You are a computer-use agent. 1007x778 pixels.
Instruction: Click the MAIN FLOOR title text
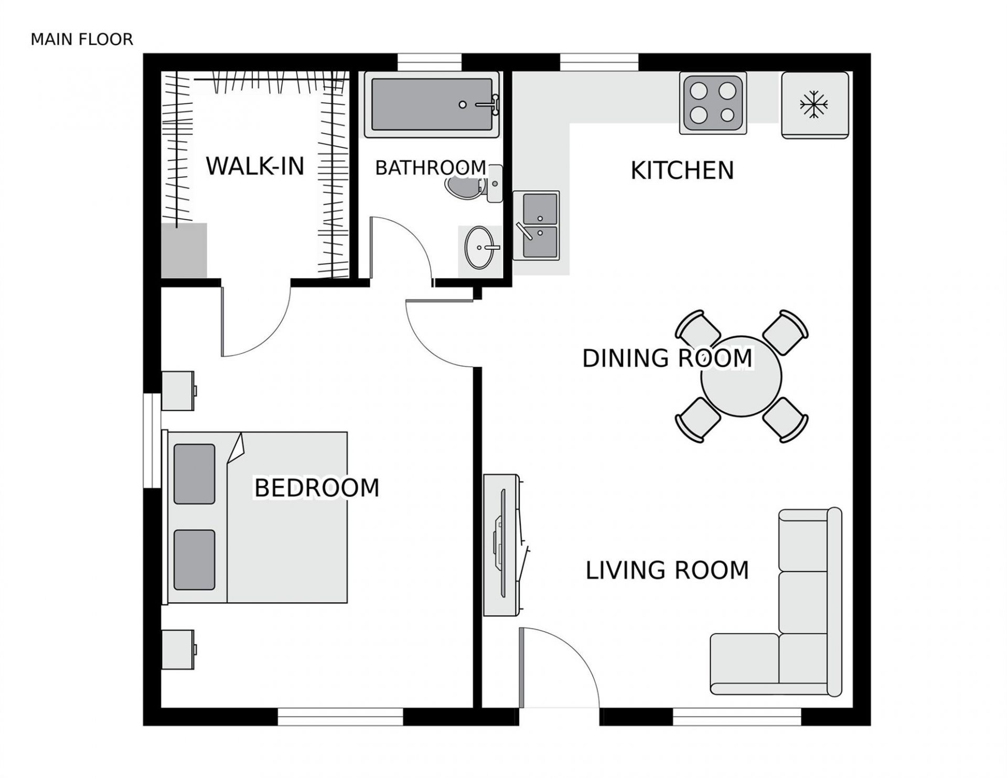click(x=82, y=39)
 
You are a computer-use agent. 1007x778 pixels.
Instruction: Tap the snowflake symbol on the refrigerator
click(x=813, y=104)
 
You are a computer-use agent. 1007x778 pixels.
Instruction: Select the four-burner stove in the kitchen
click(x=713, y=103)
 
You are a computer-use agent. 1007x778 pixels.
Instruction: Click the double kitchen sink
click(x=536, y=226)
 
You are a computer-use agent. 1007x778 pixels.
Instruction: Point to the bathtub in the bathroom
click(x=432, y=104)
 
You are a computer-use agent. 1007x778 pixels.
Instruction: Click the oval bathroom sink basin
click(x=479, y=247)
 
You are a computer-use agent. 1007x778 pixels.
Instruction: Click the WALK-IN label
click(x=255, y=166)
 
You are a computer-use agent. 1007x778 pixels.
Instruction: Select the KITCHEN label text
click(x=682, y=170)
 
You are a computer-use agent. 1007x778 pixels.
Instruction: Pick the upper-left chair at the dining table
click(x=698, y=332)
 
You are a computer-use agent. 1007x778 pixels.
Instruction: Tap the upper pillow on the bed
click(x=194, y=474)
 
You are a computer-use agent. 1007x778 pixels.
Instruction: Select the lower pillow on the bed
click(x=194, y=560)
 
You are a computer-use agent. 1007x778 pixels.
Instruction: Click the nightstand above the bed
click(x=178, y=391)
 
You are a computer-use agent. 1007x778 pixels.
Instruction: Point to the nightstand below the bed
click(x=178, y=649)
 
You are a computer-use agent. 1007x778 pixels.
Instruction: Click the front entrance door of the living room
click(x=559, y=666)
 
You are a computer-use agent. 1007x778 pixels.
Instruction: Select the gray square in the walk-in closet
click(x=184, y=250)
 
